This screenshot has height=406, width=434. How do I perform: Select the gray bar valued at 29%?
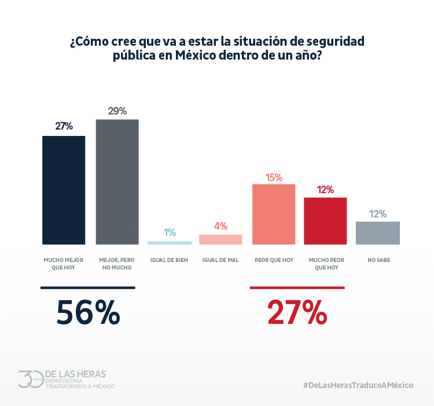(117, 182)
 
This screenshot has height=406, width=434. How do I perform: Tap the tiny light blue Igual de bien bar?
(169, 242)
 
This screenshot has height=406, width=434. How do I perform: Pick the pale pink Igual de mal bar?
(220, 239)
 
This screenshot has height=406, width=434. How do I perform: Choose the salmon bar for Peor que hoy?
(274, 214)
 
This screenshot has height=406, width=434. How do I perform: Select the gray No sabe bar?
(377, 232)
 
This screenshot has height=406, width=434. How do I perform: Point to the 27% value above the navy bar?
(64, 127)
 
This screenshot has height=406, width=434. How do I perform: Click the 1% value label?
(170, 232)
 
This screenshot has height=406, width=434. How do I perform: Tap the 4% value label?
(220, 226)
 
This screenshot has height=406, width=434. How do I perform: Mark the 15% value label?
(274, 177)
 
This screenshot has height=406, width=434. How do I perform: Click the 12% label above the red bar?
(325, 190)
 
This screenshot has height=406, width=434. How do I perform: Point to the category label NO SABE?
(378, 260)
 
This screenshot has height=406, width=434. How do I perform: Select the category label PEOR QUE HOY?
(274, 260)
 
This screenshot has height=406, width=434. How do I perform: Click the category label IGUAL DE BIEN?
(169, 260)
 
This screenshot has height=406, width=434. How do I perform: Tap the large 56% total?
(88, 313)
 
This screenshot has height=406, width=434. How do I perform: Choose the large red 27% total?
(297, 313)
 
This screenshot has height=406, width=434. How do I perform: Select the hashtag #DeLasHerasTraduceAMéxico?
(358, 385)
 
